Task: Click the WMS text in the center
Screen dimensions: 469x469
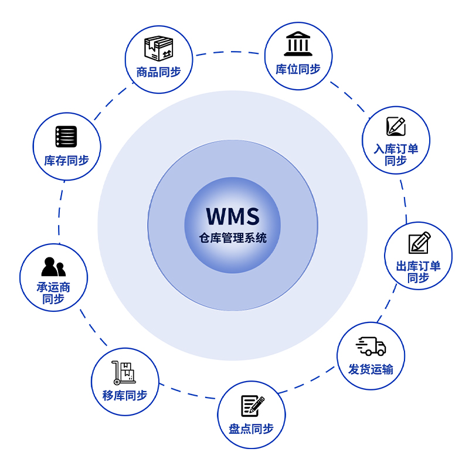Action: point(233,216)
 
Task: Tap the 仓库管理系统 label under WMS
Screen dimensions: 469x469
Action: point(233,239)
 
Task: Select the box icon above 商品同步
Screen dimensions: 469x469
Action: point(158,49)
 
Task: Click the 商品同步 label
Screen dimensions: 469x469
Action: point(158,72)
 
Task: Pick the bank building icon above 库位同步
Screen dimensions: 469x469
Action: point(298,44)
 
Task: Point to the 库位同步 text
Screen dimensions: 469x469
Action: point(298,69)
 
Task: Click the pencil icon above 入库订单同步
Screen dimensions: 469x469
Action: point(396,126)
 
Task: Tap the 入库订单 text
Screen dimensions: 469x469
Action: point(396,148)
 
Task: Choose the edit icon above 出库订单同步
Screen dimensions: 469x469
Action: point(419,243)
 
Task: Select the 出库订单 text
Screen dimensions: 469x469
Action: point(419,266)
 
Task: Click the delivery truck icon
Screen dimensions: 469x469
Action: point(371,346)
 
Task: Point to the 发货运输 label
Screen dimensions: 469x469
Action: point(371,369)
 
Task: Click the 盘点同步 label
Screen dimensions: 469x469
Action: point(252,429)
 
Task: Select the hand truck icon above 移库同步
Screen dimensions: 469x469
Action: point(124,373)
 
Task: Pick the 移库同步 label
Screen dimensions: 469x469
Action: point(125,396)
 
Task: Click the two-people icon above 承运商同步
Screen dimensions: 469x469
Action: point(53,267)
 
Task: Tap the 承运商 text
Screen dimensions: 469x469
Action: point(53,287)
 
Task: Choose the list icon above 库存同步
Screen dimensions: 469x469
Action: point(66,137)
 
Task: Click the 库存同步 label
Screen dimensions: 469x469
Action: point(66,160)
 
